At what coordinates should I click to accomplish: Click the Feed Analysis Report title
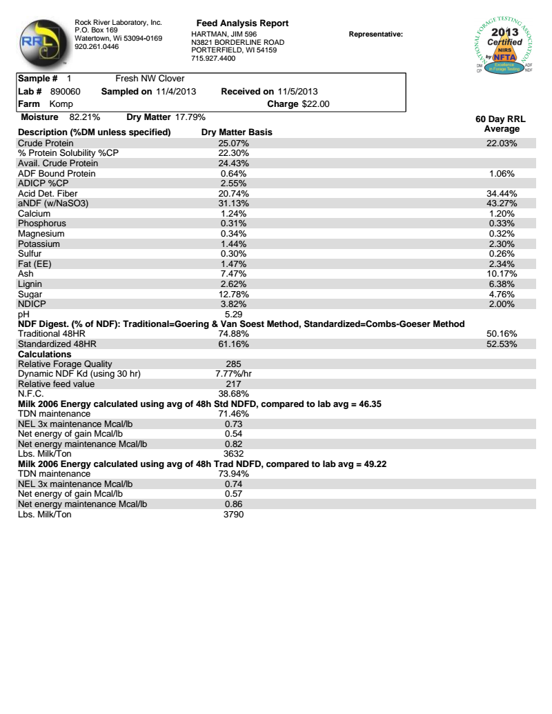point(242,23)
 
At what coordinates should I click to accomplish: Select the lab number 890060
point(66,91)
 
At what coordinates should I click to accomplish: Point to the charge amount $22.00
point(316,104)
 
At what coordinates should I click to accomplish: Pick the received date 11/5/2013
point(297,91)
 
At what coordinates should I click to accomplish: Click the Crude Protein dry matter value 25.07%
point(233,143)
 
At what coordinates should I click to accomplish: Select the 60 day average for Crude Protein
point(502,143)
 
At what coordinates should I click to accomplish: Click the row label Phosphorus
point(42,224)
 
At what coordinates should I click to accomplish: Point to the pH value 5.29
point(233,314)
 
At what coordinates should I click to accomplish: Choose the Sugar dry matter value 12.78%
point(233,294)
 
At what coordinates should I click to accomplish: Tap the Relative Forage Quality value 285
point(233,364)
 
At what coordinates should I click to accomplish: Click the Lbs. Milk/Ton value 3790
point(233,514)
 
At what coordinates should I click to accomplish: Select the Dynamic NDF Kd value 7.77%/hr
point(233,374)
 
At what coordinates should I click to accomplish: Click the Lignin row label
point(30,284)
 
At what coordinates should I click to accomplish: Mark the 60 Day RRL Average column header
point(502,124)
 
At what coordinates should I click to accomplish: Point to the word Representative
point(376,34)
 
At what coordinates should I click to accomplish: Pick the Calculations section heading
point(45,354)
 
